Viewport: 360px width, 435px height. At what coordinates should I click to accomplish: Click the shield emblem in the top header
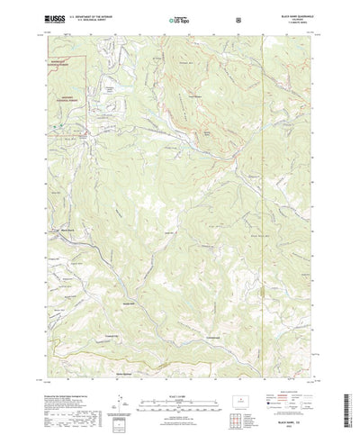pyautogui.click(x=236, y=17)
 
